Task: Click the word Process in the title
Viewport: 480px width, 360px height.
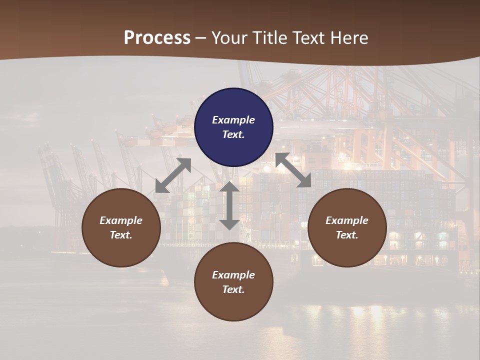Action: coord(157,38)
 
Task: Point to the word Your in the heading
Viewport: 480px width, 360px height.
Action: coord(230,38)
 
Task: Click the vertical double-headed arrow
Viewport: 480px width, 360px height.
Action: coord(229,205)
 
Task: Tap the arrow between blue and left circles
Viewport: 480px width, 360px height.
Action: coord(173,175)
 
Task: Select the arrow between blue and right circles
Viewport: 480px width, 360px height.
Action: coord(293,170)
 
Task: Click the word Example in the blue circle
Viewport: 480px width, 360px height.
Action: coord(233,120)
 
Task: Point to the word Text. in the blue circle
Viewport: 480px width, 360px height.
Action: coord(233,134)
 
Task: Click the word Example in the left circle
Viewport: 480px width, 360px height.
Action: coord(121,220)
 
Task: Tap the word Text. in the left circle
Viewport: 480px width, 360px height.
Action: coord(121,235)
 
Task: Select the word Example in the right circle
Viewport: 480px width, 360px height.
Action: coord(347,220)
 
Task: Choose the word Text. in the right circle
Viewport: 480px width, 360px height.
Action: coord(347,235)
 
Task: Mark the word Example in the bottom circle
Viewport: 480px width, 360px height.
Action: coord(233,275)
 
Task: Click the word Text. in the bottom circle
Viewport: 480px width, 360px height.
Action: coord(233,289)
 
